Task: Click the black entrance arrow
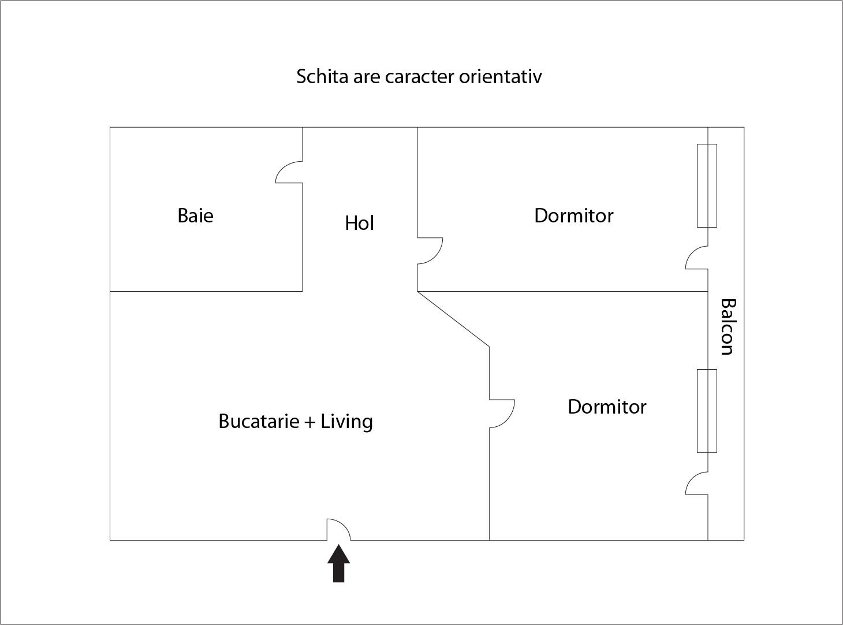pyautogui.click(x=339, y=563)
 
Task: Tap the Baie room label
pyautogui.click(x=195, y=215)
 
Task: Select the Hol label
pyautogui.click(x=359, y=223)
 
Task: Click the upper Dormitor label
pyautogui.click(x=573, y=215)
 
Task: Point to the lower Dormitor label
pyautogui.click(x=607, y=407)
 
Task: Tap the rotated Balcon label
pyautogui.click(x=728, y=327)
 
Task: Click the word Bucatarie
pyautogui.click(x=259, y=421)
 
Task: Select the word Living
pyautogui.click(x=346, y=422)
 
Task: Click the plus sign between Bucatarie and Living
pyautogui.click(x=310, y=422)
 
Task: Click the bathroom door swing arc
pyautogui.click(x=289, y=172)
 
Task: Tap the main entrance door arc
pyautogui.click(x=339, y=529)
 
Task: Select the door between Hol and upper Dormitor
pyautogui.click(x=430, y=251)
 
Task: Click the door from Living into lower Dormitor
pyautogui.click(x=502, y=414)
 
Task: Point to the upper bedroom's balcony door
pyautogui.click(x=697, y=258)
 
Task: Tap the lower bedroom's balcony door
pyautogui.click(x=697, y=483)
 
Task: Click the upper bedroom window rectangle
pyautogui.click(x=707, y=185)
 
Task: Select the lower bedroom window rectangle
pyautogui.click(x=707, y=411)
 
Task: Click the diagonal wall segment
pyautogui.click(x=453, y=319)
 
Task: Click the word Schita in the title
pyautogui.click(x=322, y=76)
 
